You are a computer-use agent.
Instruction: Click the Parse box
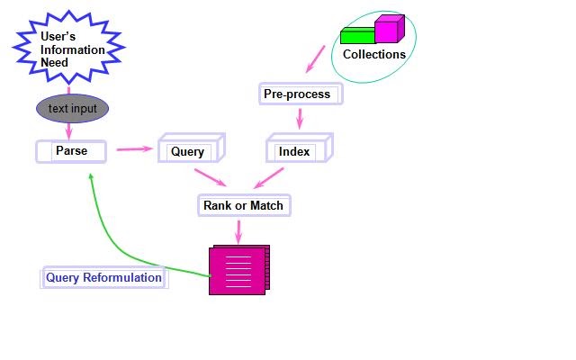pyautogui.click(x=71, y=151)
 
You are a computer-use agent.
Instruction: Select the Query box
pyautogui.click(x=188, y=151)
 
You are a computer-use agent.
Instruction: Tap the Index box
pyautogui.click(x=295, y=151)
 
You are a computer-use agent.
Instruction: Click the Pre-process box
pyautogui.click(x=297, y=94)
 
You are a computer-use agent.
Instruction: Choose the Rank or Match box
pyautogui.click(x=240, y=206)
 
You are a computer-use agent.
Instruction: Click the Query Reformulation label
pyautogui.click(x=103, y=278)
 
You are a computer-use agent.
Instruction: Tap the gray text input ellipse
pyautogui.click(x=72, y=109)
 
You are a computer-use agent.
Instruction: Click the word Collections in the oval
pyautogui.click(x=374, y=55)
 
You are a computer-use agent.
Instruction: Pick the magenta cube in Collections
pyautogui.click(x=387, y=30)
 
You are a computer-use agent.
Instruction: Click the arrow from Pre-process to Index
pyautogui.click(x=299, y=119)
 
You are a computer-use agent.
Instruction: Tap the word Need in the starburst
pyautogui.click(x=55, y=63)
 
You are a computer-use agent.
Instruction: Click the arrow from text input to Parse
pyautogui.click(x=69, y=130)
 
